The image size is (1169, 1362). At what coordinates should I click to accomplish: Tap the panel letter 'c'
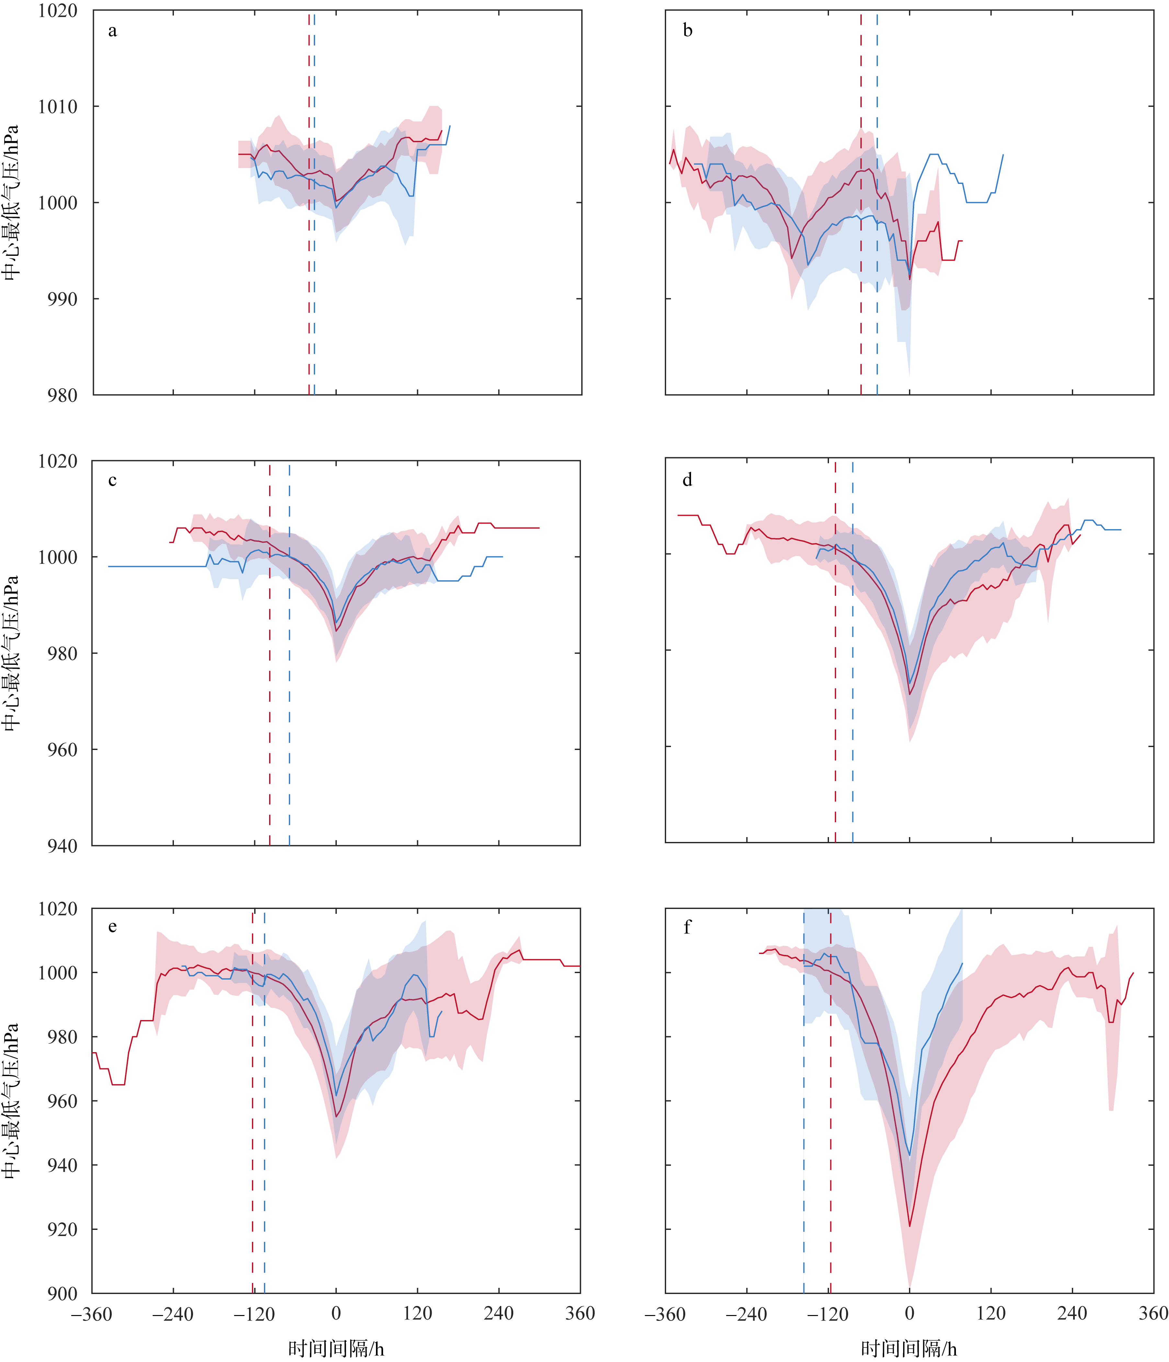pos(112,481)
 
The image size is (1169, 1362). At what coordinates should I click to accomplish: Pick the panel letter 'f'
pos(687,927)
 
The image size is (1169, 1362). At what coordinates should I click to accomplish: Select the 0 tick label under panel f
pos(909,1313)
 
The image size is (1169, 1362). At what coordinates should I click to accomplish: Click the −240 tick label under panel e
pos(173,1313)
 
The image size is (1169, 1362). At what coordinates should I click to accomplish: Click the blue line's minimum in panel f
pos(910,1156)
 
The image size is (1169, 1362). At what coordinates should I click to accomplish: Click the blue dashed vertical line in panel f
pos(803,1118)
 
